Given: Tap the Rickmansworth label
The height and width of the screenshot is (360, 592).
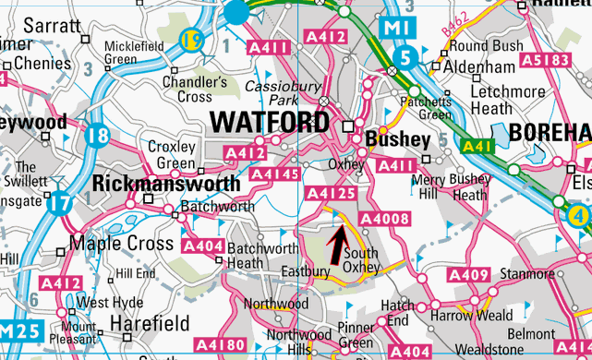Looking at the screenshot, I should point(167,183).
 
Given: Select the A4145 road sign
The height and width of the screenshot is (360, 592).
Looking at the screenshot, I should point(275,174).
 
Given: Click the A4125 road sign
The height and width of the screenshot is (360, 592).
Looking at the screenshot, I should point(330,194).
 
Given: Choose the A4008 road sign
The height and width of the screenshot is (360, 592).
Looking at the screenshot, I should point(383,219).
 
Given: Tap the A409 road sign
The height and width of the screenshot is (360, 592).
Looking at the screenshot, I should point(468,275).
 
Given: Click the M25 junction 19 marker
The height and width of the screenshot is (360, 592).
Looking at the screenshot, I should point(191,40).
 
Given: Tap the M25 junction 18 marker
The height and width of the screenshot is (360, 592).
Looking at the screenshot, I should point(96,137).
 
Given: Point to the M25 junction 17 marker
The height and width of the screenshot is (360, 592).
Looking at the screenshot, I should point(60,202).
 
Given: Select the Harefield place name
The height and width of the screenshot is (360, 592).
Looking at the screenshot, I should point(150,323).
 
